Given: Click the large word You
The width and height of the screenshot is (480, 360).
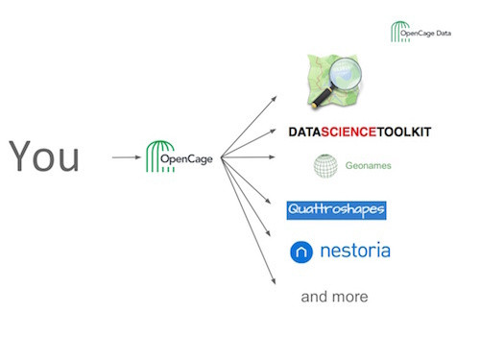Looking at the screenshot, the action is [44, 156].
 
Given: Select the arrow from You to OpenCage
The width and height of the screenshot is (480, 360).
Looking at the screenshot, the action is [127, 157].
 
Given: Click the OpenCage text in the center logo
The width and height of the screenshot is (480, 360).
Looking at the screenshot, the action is [186, 159].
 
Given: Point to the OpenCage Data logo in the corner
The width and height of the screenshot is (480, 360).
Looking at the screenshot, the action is [420, 32].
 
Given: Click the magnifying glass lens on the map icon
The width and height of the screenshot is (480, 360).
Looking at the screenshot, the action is [346, 73].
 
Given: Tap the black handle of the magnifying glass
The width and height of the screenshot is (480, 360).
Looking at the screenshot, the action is [322, 97].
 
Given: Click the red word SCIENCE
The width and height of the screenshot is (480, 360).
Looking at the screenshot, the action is [348, 132].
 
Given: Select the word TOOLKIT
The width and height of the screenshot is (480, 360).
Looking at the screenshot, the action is [404, 132].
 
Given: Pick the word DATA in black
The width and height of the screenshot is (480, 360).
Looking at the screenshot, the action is [304, 132].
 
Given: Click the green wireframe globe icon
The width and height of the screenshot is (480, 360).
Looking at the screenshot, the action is [325, 166].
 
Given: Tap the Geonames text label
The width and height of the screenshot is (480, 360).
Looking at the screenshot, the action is [369, 165].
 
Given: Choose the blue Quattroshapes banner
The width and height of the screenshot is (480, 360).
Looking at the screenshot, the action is [336, 210].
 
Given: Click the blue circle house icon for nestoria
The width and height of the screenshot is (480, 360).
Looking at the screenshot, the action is [301, 252].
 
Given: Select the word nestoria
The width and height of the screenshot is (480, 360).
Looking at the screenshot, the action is [355, 250].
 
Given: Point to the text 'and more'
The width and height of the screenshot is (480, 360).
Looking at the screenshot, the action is [334, 297].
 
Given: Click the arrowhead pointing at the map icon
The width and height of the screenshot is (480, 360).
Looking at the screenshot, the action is [274, 99].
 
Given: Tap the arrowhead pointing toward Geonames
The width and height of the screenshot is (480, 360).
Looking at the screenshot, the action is [272, 157].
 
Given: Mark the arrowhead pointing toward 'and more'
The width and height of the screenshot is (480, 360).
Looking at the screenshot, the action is [274, 280].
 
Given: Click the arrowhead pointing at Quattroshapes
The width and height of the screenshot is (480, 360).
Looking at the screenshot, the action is [268, 201].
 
